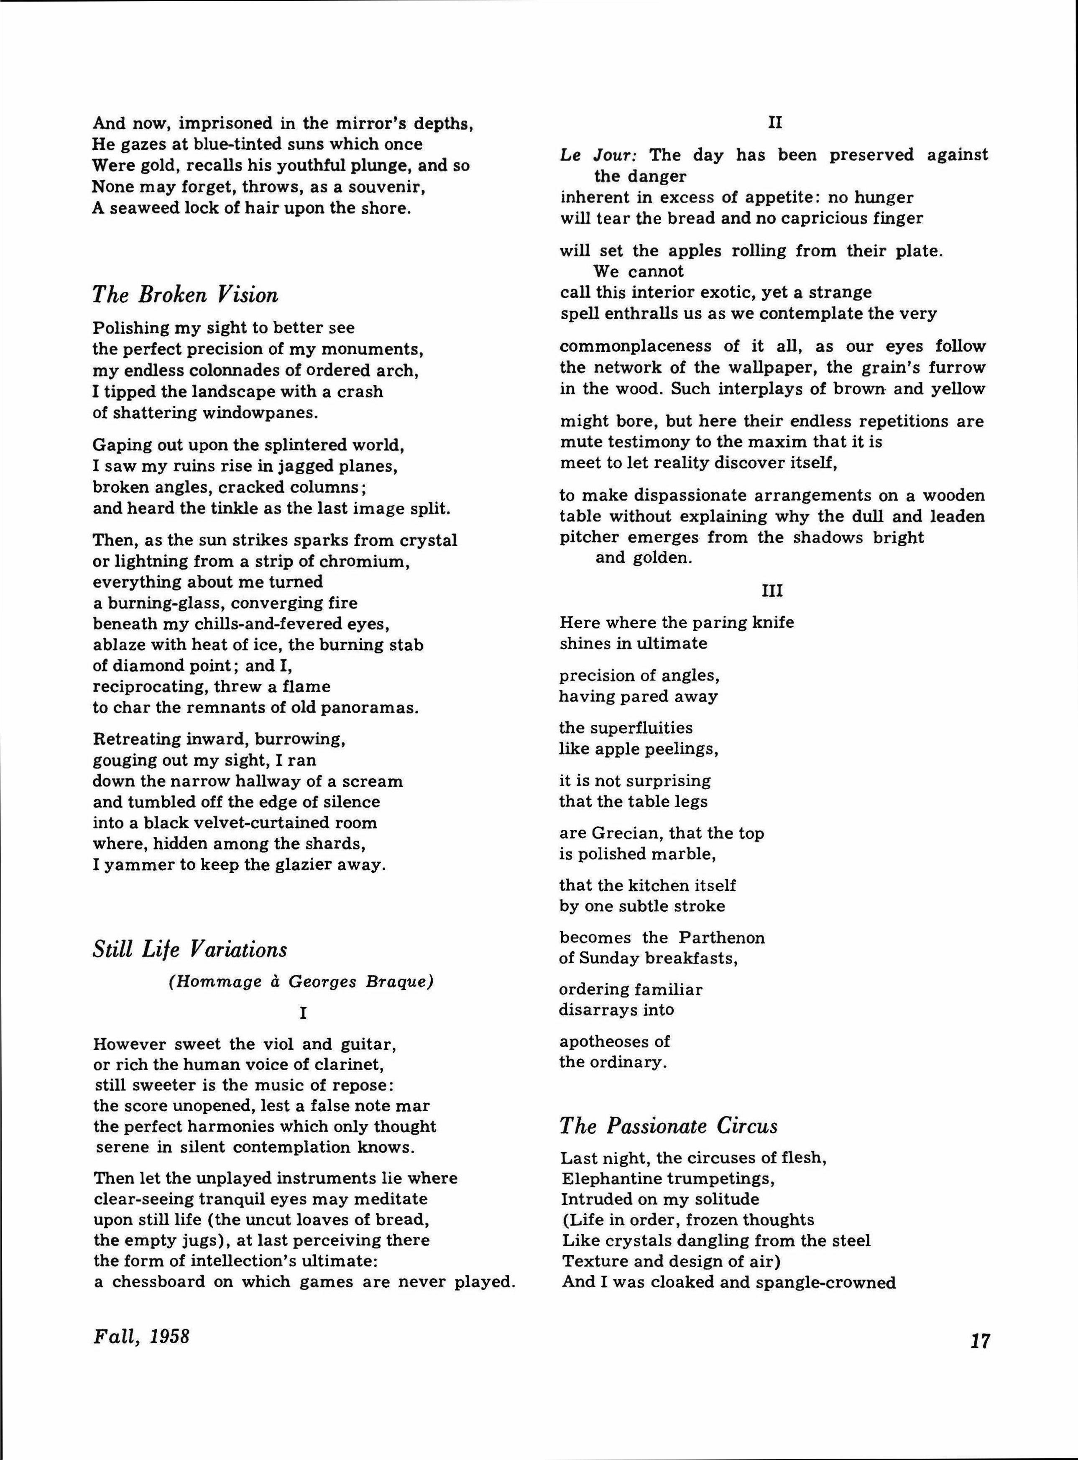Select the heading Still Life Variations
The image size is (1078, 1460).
[190, 949]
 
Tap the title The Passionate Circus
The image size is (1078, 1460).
[669, 1126]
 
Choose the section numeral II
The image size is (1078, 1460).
[774, 122]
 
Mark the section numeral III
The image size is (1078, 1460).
[772, 591]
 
